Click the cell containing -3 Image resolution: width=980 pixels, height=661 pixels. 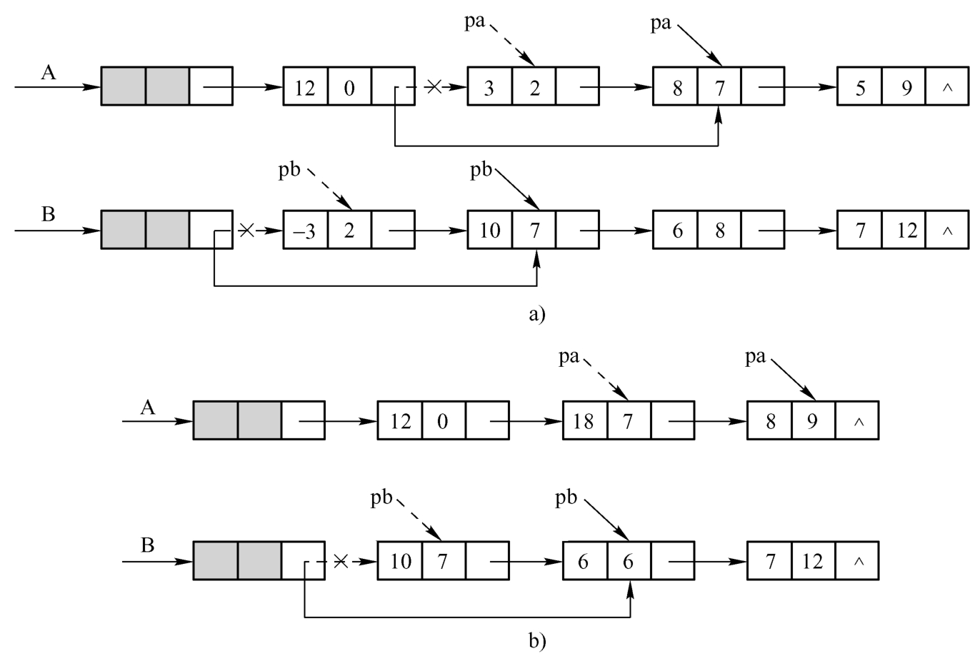306,231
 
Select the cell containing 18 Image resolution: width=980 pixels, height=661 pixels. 584,420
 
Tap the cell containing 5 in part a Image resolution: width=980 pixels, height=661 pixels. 859,88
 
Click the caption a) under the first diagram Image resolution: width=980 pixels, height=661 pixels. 536,313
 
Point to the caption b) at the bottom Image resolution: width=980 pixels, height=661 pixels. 537,640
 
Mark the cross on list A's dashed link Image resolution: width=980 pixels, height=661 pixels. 434,87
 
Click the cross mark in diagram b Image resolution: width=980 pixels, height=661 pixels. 341,562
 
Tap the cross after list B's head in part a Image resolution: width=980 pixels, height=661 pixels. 246,230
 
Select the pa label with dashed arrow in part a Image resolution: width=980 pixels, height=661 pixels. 474,21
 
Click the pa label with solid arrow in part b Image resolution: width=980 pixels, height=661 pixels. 755,356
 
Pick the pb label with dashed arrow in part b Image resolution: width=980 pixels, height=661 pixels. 381,498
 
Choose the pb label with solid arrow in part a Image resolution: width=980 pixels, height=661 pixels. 481,171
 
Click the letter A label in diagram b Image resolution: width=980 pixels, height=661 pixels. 148,408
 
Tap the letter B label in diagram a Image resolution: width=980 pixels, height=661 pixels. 49,214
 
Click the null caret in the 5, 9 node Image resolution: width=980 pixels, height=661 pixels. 947,88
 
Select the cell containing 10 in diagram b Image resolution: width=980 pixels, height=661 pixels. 400,562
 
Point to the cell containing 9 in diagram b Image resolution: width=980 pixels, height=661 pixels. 812,420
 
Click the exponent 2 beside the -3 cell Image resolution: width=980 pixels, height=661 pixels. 349,231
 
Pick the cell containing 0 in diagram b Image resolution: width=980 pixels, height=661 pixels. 443,420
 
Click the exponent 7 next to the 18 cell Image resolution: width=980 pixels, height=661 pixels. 628,420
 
